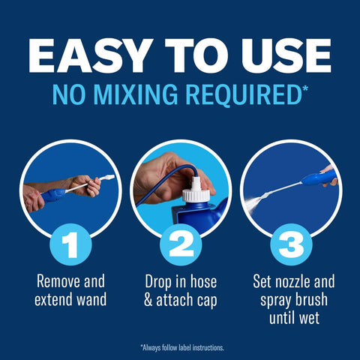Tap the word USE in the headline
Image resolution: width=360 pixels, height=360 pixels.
coord(286,55)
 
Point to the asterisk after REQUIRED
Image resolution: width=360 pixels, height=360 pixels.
coord(305,88)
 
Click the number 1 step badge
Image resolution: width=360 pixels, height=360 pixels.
coord(70,244)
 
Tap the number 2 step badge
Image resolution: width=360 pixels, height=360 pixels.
coord(181,244)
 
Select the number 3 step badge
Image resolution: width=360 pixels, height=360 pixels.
coord(291,244)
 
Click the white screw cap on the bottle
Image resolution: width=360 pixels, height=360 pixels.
coord(196,192)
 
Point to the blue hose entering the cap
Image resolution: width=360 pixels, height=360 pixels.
coord(165,179)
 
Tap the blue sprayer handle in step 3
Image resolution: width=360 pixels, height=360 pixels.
coord(319,178)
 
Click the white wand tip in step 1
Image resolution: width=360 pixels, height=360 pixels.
coord(107,178)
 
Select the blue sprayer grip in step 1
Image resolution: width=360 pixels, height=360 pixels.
coord(53,194)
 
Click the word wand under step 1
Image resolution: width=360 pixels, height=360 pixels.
coord(91,299)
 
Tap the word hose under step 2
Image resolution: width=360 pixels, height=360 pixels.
coord(203,281)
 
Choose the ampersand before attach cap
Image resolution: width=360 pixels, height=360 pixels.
coord(148,300)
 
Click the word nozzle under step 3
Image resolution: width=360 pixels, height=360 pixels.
coord(292,282)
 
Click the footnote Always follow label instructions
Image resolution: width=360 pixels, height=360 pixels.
coord(182,348)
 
